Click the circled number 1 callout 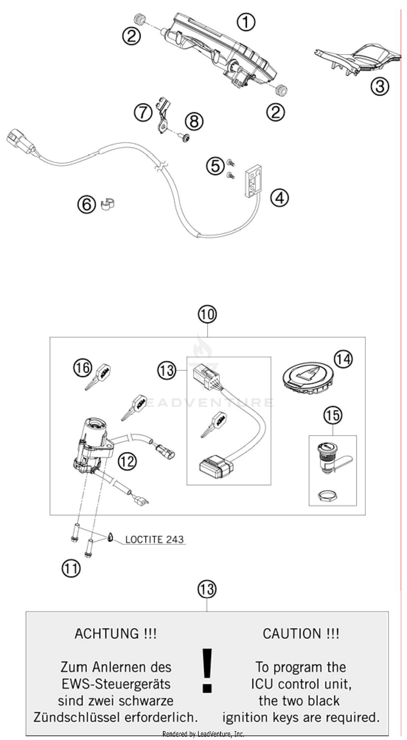click(x=246, y=23)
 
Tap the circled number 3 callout click(x=379, y=86)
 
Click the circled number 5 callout click(x=215, y=166)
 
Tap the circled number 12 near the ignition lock click(x=127, y=461)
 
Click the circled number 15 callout click(x=333, y=415)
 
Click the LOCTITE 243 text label click(x=154, y=539)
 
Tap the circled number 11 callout click(x=71, y=568)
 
